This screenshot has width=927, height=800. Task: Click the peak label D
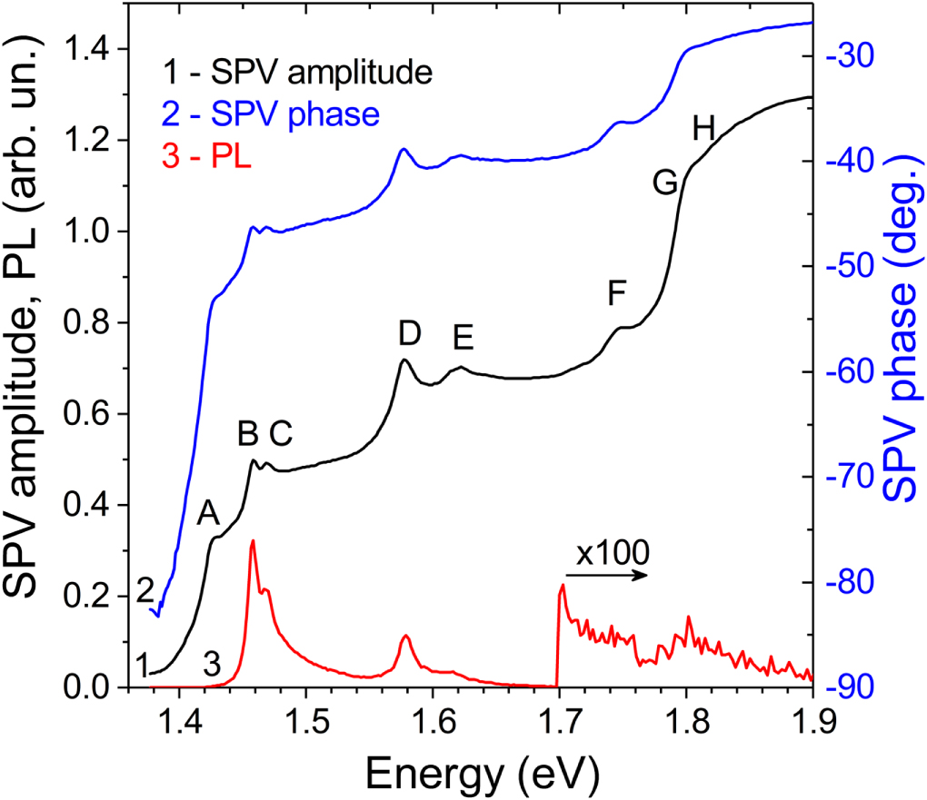click(410, 334)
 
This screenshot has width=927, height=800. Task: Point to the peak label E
click(463, 338)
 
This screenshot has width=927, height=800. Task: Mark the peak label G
click(665, 183)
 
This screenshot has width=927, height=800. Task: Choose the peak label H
click(703, 130)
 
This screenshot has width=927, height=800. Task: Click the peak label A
click(209, 515)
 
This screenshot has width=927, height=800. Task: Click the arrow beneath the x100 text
click(606, 575)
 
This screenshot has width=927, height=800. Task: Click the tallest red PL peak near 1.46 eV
click(252, 541)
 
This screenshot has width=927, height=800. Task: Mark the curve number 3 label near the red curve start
click(212, 665)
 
